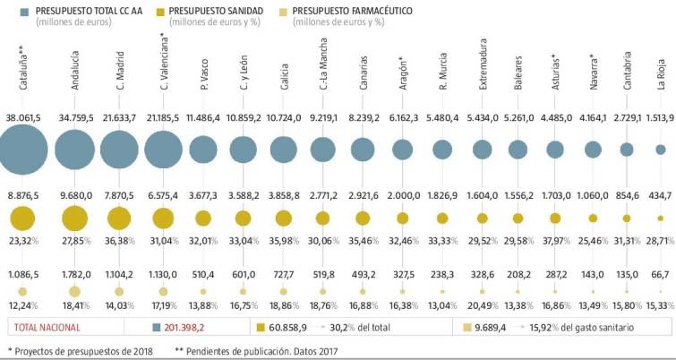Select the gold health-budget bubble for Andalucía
pyautogui.click(x=75, y=219)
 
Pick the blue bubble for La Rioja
pyautogui.click(x=661, y=150)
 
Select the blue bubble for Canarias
pyautogui.click(x=363, y=150)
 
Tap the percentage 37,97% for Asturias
pyautogui.click(x=557, y=240)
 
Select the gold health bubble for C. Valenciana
pyautogui.click(x=163, y=218)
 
